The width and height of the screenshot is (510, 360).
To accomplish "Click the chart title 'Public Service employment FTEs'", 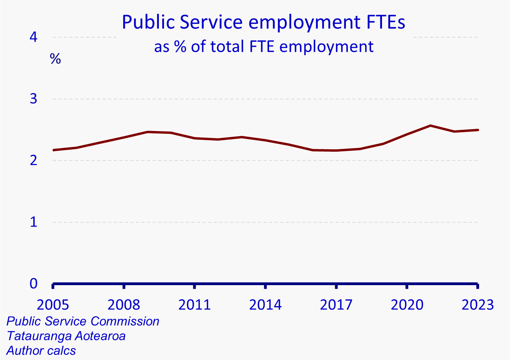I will coord(264,22).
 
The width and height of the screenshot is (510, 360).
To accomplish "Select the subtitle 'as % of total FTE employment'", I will coord(264,47).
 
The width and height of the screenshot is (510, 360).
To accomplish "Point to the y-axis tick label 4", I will coord(33,37).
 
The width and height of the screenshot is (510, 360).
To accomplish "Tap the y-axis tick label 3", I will coord(33,99).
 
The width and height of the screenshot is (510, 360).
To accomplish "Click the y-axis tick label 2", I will coord(33,160).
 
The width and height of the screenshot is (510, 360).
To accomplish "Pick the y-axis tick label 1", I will coord(33,222).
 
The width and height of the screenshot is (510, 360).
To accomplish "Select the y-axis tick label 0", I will coord(33,284).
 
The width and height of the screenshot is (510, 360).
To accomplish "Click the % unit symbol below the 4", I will coord(55,59).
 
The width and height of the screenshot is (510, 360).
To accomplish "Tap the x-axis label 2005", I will coord(53,305).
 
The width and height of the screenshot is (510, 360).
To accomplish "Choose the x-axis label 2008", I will coord(124,305).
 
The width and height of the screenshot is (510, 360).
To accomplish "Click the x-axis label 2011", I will coord(195,305).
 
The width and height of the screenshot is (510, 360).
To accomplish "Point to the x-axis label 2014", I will coord(266,305).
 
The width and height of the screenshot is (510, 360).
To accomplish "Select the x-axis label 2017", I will coord(336,305).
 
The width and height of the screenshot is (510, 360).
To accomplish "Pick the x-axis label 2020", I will coord(407,305).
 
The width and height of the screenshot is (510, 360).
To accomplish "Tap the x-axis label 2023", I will coord(477,305).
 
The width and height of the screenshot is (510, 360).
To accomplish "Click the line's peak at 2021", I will coord(430,126).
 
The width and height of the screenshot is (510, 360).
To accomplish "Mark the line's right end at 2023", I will coord(478,130).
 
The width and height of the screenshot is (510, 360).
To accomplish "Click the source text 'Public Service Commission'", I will coord(83,321).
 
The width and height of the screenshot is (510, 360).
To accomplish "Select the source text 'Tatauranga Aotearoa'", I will coord(66,336).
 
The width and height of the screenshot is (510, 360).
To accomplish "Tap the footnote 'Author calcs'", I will coord(41,350).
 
